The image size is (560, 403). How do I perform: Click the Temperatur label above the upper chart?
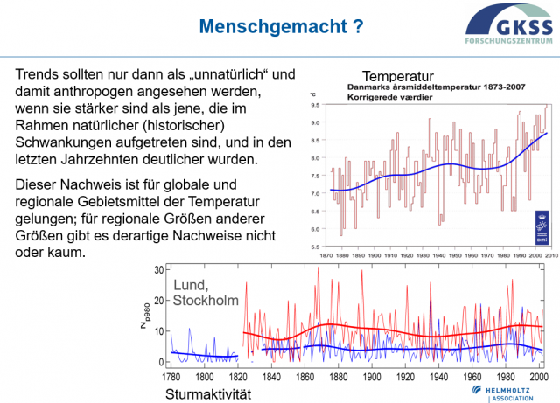coord(398,75)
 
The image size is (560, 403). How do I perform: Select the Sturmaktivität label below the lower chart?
coord(207,394)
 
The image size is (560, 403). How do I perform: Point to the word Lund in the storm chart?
coord(192,285)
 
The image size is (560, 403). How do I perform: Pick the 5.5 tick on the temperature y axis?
coord(314,247)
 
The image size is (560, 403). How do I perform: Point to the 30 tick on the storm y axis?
coord(159,270)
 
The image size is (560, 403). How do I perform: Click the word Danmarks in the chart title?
coord(374,87)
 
